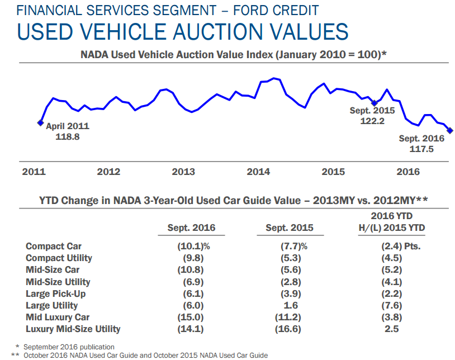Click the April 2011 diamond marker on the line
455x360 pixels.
40,122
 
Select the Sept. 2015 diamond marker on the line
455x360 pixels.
375,103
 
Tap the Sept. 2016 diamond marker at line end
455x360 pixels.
451,131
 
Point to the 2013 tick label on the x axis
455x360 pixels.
183,172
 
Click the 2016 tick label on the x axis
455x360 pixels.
408,172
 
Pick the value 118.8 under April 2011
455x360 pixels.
68,136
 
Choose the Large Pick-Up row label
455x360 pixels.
56,293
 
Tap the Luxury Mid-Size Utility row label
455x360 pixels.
73,329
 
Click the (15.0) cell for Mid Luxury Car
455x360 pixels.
191,317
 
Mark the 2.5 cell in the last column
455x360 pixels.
391,329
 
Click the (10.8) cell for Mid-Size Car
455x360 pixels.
191,270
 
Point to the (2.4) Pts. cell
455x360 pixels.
397,246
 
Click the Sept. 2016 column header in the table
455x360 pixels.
191,228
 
